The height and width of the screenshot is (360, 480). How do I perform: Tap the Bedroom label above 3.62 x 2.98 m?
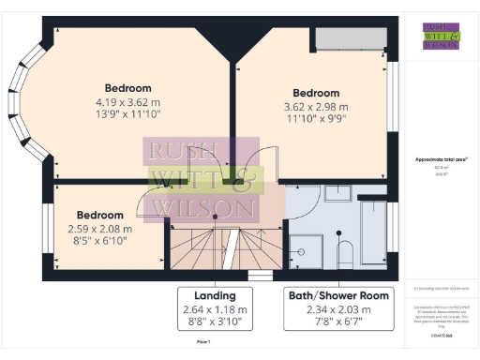point(316,93)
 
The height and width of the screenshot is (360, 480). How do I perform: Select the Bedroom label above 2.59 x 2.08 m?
point(99,215)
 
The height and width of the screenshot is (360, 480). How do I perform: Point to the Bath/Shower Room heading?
point(337,296)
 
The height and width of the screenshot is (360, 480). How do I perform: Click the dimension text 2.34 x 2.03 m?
point(337,310)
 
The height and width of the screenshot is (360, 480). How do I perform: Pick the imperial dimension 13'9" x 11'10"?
point(127,113)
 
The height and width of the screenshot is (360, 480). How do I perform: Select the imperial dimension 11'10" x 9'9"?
point(316,120)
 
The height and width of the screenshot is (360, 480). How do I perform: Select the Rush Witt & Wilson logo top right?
point(441,35)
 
